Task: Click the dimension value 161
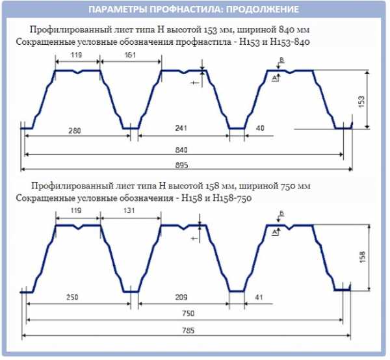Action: [131, 56]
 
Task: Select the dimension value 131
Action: [131, 211]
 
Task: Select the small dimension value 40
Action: [260, 129]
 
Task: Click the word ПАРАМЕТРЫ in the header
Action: [114, 10]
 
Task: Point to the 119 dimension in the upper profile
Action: [78, 56]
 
